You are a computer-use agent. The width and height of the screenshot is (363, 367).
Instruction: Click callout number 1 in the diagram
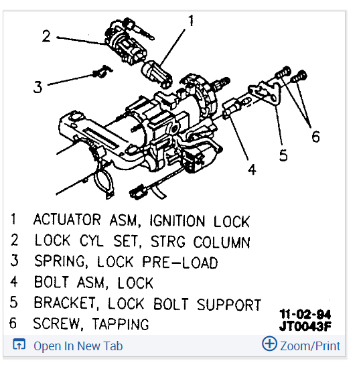coord(191,21)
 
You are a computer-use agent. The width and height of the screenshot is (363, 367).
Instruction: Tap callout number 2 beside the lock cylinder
coord(46,36)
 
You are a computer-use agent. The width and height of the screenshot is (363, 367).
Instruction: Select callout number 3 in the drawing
coord(38,87)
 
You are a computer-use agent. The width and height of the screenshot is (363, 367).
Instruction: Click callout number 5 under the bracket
coord(283,155)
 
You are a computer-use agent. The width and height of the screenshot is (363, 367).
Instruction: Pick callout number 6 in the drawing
coord(315,137)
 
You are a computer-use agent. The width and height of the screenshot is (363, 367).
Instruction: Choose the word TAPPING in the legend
coord(118,324)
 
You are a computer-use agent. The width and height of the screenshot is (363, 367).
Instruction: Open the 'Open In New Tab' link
coord(78,346)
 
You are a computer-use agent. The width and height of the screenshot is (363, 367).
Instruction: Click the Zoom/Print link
coord(309,346)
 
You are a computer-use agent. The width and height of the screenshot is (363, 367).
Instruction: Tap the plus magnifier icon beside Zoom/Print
coord(269,345)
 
